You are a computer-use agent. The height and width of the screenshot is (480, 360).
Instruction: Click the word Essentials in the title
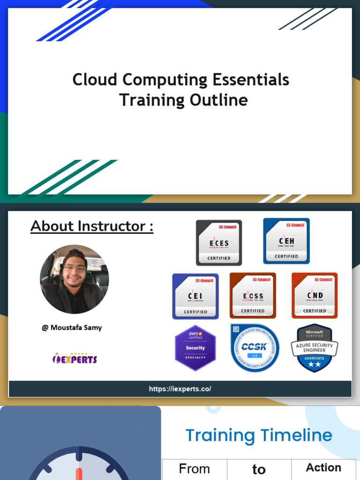(251, 80)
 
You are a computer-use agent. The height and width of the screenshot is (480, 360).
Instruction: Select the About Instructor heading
(92, 226)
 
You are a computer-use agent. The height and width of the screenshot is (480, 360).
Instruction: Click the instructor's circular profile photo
(75, 279)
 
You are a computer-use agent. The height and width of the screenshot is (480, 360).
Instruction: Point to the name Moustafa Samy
(72, 328)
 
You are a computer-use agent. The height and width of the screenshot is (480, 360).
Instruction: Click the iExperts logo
(75, 359)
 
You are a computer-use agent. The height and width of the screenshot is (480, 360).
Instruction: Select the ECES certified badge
(219, 242)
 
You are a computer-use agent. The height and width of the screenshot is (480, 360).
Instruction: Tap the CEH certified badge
(286, 240)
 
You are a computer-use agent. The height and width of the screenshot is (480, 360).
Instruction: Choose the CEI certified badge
(195, 296)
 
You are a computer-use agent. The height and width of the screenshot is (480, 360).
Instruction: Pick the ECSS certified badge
(253, 295)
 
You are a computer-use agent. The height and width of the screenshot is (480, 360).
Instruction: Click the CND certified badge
(315, 295)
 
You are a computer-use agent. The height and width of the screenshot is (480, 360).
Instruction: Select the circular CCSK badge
(255, 348)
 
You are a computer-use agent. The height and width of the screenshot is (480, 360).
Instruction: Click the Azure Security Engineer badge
(315, 348)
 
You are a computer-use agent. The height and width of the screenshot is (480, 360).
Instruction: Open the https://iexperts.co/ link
(180, 389)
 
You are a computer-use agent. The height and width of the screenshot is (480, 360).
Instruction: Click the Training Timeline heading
(259, 435)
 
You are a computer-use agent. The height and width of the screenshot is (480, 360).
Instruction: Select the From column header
(195, 469)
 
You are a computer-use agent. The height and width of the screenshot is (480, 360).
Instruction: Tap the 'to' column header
(259, 469)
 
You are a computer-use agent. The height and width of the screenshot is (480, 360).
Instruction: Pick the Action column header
(323, 467)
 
